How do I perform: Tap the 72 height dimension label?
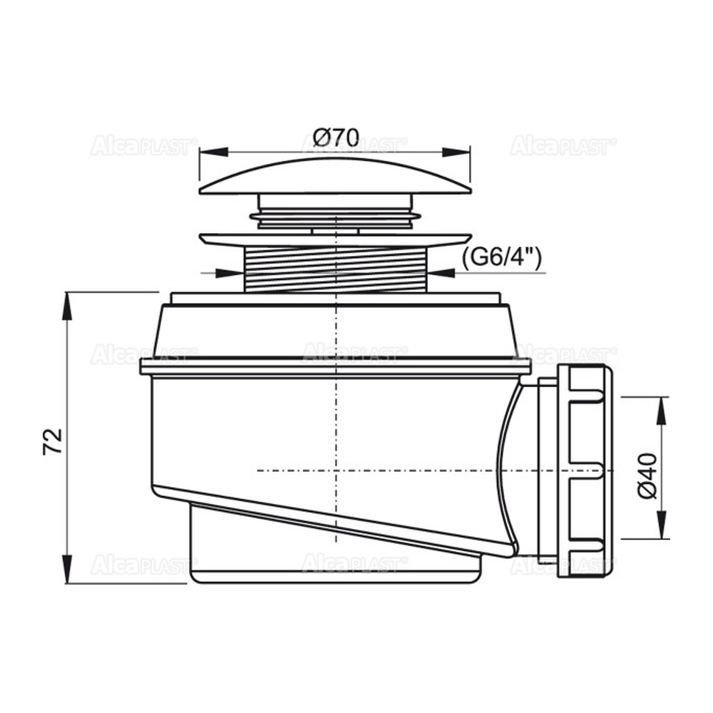(53, 441)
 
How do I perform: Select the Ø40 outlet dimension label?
(648, 476)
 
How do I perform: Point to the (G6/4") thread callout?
(501, 260)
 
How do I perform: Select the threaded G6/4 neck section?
(336, 270)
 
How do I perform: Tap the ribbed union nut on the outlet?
(585, 470)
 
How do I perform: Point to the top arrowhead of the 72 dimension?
(67, 306)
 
